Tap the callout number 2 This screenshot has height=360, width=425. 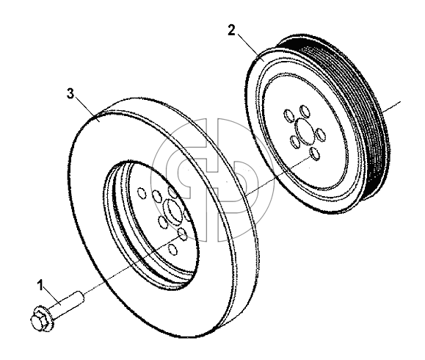231,30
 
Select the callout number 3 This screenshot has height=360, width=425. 70,93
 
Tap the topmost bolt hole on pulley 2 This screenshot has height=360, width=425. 305,111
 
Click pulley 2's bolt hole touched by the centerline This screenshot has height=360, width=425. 315,154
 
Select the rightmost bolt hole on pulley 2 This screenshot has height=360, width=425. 321,135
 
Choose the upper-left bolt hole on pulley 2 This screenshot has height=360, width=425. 288,115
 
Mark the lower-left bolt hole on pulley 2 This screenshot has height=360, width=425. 295,142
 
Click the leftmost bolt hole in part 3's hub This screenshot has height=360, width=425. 142,193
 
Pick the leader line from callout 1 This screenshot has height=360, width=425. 51,297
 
